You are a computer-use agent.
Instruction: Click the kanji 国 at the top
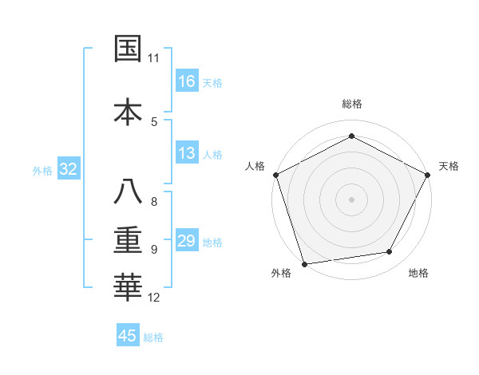(x=128, y=49)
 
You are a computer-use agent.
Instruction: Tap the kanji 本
(x=128, y=112)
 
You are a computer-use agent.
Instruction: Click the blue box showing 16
(x=187, y=81)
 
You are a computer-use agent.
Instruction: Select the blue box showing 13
(x=187, y=153)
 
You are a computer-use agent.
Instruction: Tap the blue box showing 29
(x=187, y=241)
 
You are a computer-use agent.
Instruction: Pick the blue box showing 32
(x=68, y=169)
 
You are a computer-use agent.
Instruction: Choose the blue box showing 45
(x=128, y=336)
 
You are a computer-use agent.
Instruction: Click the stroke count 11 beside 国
(x=154, y=58)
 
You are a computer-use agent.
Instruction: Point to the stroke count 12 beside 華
(x=154, y=298)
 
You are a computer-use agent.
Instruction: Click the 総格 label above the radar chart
(x=352, y=105)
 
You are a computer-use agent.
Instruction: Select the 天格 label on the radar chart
(x=449, y=166)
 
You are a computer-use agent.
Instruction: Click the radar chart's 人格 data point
(x=275, y=174)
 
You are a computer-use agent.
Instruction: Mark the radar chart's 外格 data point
(x=304, y=263)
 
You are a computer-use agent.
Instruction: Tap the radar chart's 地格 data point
(x=390, y=252)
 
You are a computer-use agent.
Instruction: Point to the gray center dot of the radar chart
(x=352, y=199)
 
